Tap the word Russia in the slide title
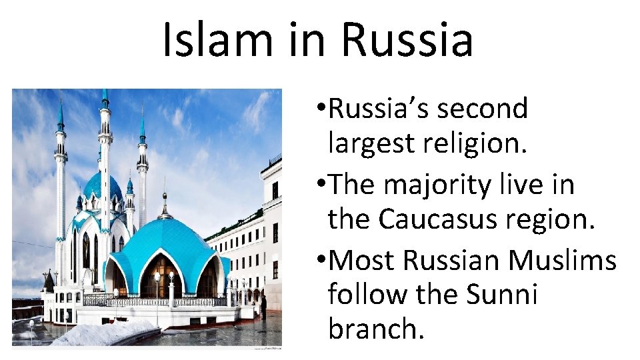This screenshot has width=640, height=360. (407, 39)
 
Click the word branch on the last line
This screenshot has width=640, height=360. (375, 329)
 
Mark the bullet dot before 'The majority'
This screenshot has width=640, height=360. (322, 185)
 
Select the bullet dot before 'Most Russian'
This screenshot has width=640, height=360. (322, 261)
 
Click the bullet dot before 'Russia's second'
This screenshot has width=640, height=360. (322, 109)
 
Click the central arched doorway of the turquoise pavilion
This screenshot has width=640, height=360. (160, 277)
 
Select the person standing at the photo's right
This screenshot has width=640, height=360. (264, 307)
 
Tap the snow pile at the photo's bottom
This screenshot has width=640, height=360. (107, 332)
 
